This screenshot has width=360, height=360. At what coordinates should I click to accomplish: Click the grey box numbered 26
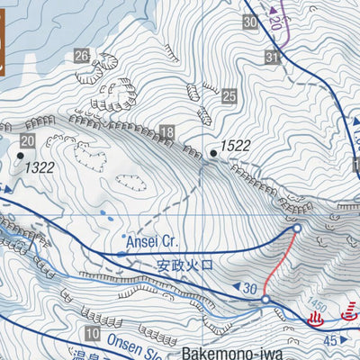(82, 57)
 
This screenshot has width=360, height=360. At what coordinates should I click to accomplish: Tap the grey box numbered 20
(27, 140)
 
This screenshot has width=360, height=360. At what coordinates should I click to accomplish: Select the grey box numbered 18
(166, 133)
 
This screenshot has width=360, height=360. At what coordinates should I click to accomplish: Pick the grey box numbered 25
(229, 95)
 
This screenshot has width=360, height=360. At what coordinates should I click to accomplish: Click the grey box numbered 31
(272, 58)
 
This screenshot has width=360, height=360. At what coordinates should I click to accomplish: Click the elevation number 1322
(40, 166)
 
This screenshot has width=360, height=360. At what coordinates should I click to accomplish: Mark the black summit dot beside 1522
(213, 154)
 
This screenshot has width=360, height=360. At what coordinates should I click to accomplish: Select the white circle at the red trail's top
(296, 231)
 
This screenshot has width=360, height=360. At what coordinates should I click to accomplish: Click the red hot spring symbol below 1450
(316, 319)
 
